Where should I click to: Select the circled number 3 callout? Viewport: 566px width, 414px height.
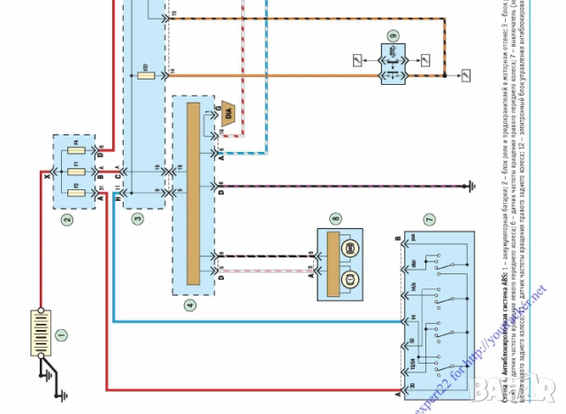(x=137, y=218)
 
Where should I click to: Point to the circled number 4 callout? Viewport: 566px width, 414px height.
(x=188, y=305)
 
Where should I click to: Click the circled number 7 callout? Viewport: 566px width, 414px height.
(x=430, y=218)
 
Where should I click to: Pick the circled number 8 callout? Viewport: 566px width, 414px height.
(x=335, y=218)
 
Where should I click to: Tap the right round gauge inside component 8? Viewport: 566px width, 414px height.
(x=349, y=248)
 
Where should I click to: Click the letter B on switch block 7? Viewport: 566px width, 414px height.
(x=398, y=239)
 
